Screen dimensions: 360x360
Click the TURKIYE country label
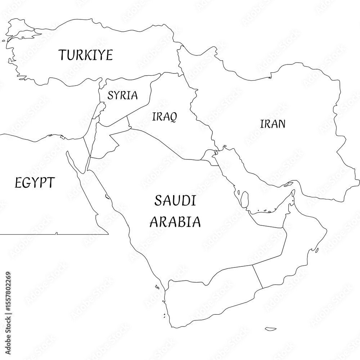coord(86,55)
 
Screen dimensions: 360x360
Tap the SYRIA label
coord(123,95)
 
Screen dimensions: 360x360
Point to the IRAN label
coord(273,124)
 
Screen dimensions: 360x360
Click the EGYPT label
coord(35,183)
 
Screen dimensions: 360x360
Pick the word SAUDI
coord(175,201)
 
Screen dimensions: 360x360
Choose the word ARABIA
coord(175,221)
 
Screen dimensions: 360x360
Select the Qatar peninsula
coord(244,198)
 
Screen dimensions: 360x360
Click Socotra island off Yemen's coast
coord(270,328)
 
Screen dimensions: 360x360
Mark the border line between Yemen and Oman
coord(257,276)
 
